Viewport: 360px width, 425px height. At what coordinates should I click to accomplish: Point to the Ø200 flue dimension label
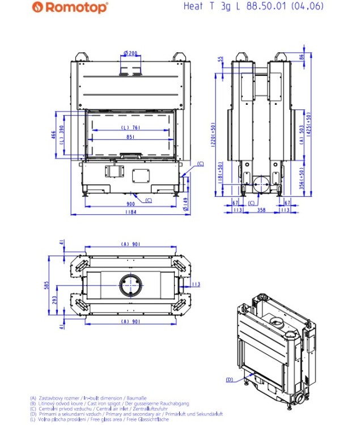[x=130, y=53]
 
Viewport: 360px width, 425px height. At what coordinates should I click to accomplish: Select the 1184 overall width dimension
[x=130, y=213]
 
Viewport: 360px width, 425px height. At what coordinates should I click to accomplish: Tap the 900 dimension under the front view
[x=130, y=203]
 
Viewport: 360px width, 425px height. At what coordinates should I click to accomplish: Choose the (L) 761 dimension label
[x=130, y=127]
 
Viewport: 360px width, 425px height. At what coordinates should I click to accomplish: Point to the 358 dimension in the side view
[x=261, y=210]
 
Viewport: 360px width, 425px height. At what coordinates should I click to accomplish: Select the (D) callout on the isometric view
[x=230, y=379]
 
